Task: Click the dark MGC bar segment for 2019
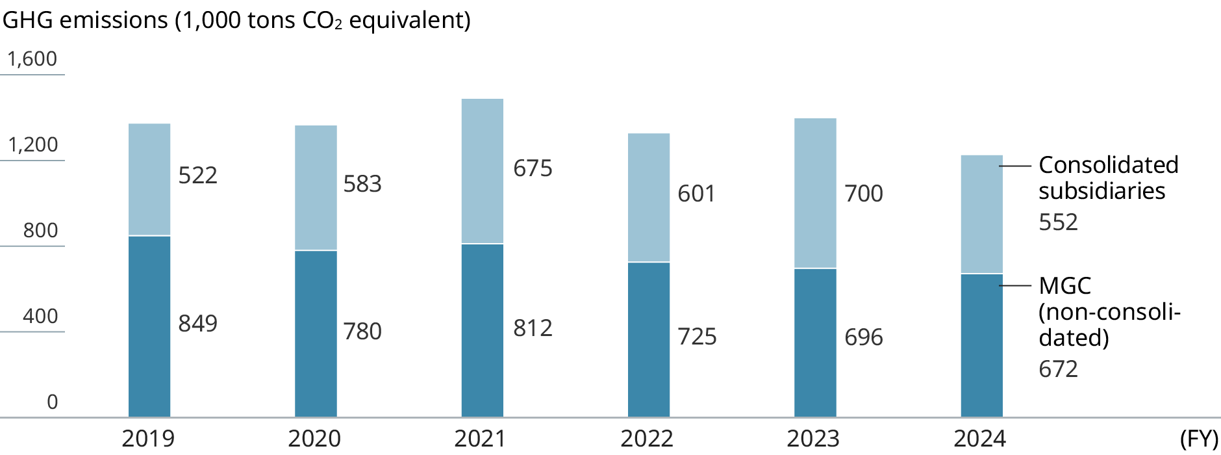coord(149,326)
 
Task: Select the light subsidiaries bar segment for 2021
coord(482,172)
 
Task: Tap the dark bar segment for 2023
coord(815,343)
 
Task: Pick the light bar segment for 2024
coord(981,214)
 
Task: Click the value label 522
coord(197,175)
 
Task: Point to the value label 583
coord(362,184)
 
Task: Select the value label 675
coord(533,168)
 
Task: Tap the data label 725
coord(697,337)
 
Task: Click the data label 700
coord(863,194)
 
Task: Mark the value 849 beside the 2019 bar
coord(197,324)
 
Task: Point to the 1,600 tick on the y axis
coord(32,59)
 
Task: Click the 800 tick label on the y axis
coord(40,231)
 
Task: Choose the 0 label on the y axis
coord(52,402)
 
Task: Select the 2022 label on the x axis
coord(646,439)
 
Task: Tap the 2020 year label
coord(314,439)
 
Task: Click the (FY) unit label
coord(1199,439)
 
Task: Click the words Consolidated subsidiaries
coord(1107,178)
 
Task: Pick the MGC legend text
coord(1064,286)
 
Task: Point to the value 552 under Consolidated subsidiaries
coord(1058,222)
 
